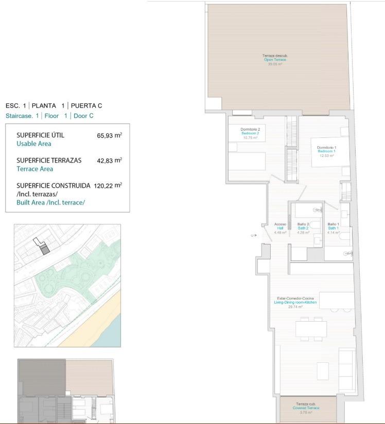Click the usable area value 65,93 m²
pyautogui.click(x=109, y=136)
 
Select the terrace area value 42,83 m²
pyautogui.click(x=109, y=161)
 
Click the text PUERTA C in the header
pyautogui.click(x=86, y=105)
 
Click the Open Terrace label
pyautogui.click(x=275, y=60)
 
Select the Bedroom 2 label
pyautogui.click(x=250, y=133)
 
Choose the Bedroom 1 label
pyautogui.click(x=326, y=151)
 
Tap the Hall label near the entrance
pyautogui.click(x=280, y=228)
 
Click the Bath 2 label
pyautogui.click(x=303, y=228)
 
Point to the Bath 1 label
pyautogui.click(x=333, y=228)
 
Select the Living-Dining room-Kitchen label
pyautogui.click(x=295, y=303)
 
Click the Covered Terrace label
pyautogui.click(x=306, y=408)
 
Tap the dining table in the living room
pyautogui.click(x=311, y=329)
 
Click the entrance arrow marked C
pyautogui.click(x=253, y=235)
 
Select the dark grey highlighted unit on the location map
pyautogui.click(x=45, y=250)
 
